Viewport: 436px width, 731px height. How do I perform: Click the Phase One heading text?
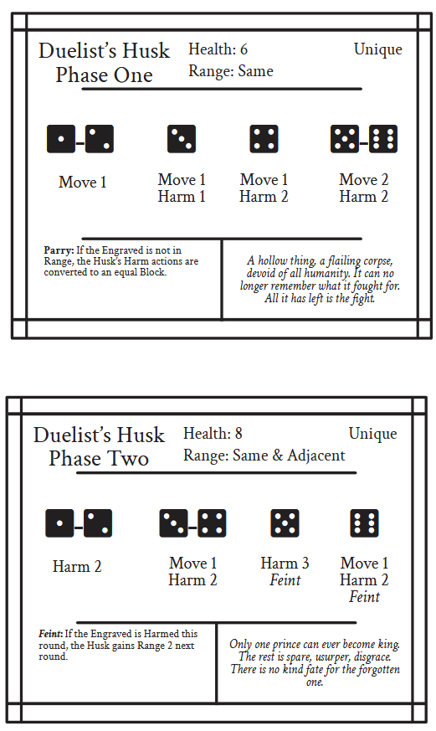[104, 75]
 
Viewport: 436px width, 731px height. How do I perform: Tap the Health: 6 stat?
[218, 49]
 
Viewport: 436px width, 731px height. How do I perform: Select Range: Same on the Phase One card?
[231, 71]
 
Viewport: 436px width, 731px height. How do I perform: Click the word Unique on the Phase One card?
[377, 49]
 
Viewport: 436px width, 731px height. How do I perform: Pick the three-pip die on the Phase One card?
[182, 138]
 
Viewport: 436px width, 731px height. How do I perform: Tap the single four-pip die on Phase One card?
[264, 138]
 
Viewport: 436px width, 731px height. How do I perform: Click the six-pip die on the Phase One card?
[383, 138]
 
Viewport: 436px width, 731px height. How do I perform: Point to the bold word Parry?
[59, 250]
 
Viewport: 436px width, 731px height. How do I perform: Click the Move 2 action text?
[363, 179]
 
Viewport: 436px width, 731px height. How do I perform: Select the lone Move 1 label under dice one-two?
[83, 182]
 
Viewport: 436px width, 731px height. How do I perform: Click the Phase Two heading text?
[99, 459]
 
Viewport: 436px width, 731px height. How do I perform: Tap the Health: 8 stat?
[213, 433]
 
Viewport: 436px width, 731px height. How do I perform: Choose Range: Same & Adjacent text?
[264, 455]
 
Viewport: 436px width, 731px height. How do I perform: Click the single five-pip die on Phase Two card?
[285, 523]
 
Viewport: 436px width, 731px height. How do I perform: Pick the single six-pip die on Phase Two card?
[364, 523]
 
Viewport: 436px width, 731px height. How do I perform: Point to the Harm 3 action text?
[285, 564]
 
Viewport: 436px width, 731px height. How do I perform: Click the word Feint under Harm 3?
[285, 580]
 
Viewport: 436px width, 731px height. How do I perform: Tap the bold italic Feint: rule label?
[51, 634]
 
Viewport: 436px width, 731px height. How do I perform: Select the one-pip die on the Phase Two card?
[59, 523]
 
